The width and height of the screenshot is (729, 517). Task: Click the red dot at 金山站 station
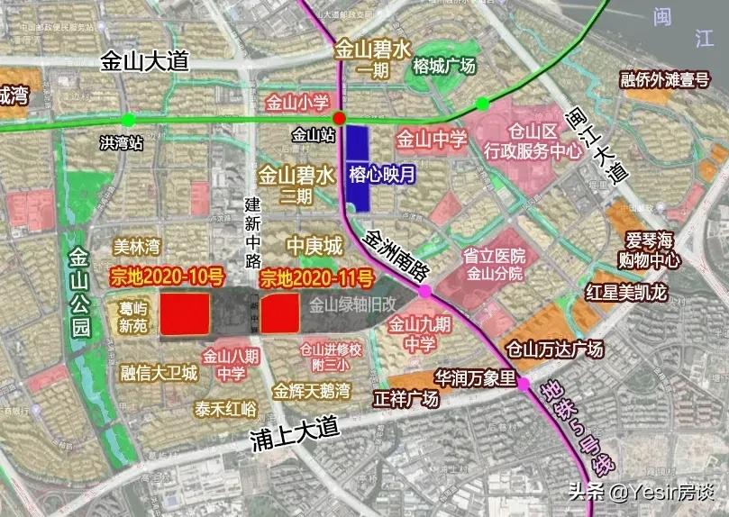(x=339, y=119)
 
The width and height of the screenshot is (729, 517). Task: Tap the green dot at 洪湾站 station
(x=128, y=119)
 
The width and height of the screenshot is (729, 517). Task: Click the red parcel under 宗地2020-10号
(x=185, y=314)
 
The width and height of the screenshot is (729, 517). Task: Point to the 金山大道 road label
(x=144, y=61)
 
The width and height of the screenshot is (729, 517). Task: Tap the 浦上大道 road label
(x=289, y=439)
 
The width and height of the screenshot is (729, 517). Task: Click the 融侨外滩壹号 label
(x=665, y=80)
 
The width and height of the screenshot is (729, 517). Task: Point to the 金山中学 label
(x=432, y=141)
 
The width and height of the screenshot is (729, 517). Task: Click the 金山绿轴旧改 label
(x=351, y=304)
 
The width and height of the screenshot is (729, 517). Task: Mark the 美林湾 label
(x=137, y=246)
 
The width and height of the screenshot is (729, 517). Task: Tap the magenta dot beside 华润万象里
(x=524, y=385)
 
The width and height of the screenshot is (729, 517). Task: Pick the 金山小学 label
(x=298, y=102)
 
